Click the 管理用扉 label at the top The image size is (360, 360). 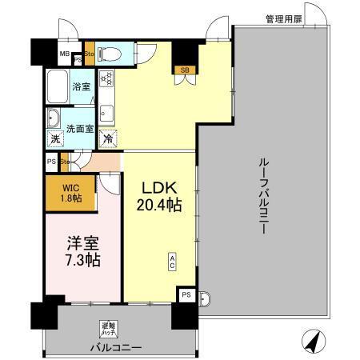tap(285, 18)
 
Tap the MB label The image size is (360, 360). tap(64, 55)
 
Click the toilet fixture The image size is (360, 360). tap(112, 54)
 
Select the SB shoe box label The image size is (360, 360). tap(185, 70)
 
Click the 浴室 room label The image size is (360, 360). tap(82, 86)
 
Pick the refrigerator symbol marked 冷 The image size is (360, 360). tap(108, 138)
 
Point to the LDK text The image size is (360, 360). tap(161, 188)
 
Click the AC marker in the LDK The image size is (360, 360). tap(173, 261)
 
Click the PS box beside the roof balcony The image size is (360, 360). tap(186, 294)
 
